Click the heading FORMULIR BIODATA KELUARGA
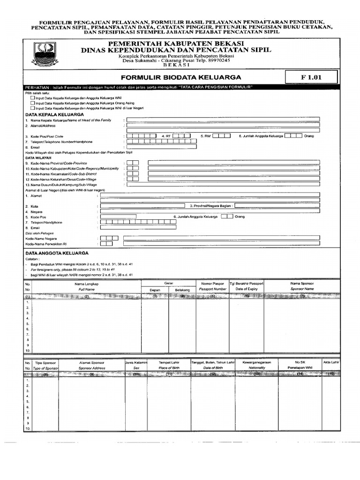coord(181,77)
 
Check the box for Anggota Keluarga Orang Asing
coord(32,103)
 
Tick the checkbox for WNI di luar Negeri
coord(32,108)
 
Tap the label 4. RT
coord(165,136)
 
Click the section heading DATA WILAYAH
coord(37,158)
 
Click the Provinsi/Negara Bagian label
coord(211,205)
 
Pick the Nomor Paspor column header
coord(212,284)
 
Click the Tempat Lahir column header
coord(169,362)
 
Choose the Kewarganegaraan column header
coord(256,362)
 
